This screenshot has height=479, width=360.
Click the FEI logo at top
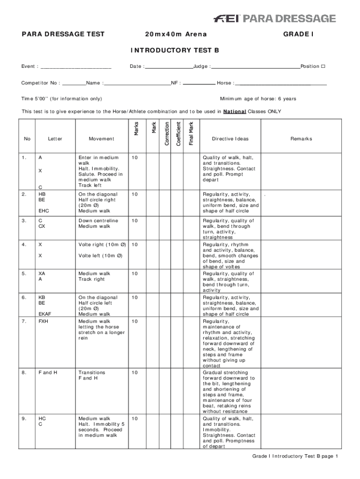point(227,18)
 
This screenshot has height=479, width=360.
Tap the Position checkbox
point(323,66)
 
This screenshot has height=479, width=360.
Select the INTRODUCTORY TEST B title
point(175,50)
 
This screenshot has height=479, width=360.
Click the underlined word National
point(235,112)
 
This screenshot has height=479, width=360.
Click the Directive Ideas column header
point(230,139)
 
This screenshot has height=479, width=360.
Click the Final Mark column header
point(191,133)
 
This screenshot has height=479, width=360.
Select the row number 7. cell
point(24,321)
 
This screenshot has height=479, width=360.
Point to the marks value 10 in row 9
point(135,419)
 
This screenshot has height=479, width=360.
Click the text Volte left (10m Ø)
point(101,255)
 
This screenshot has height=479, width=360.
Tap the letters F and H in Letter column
point(48,372)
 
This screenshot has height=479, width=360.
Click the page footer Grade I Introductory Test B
point(295,456)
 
